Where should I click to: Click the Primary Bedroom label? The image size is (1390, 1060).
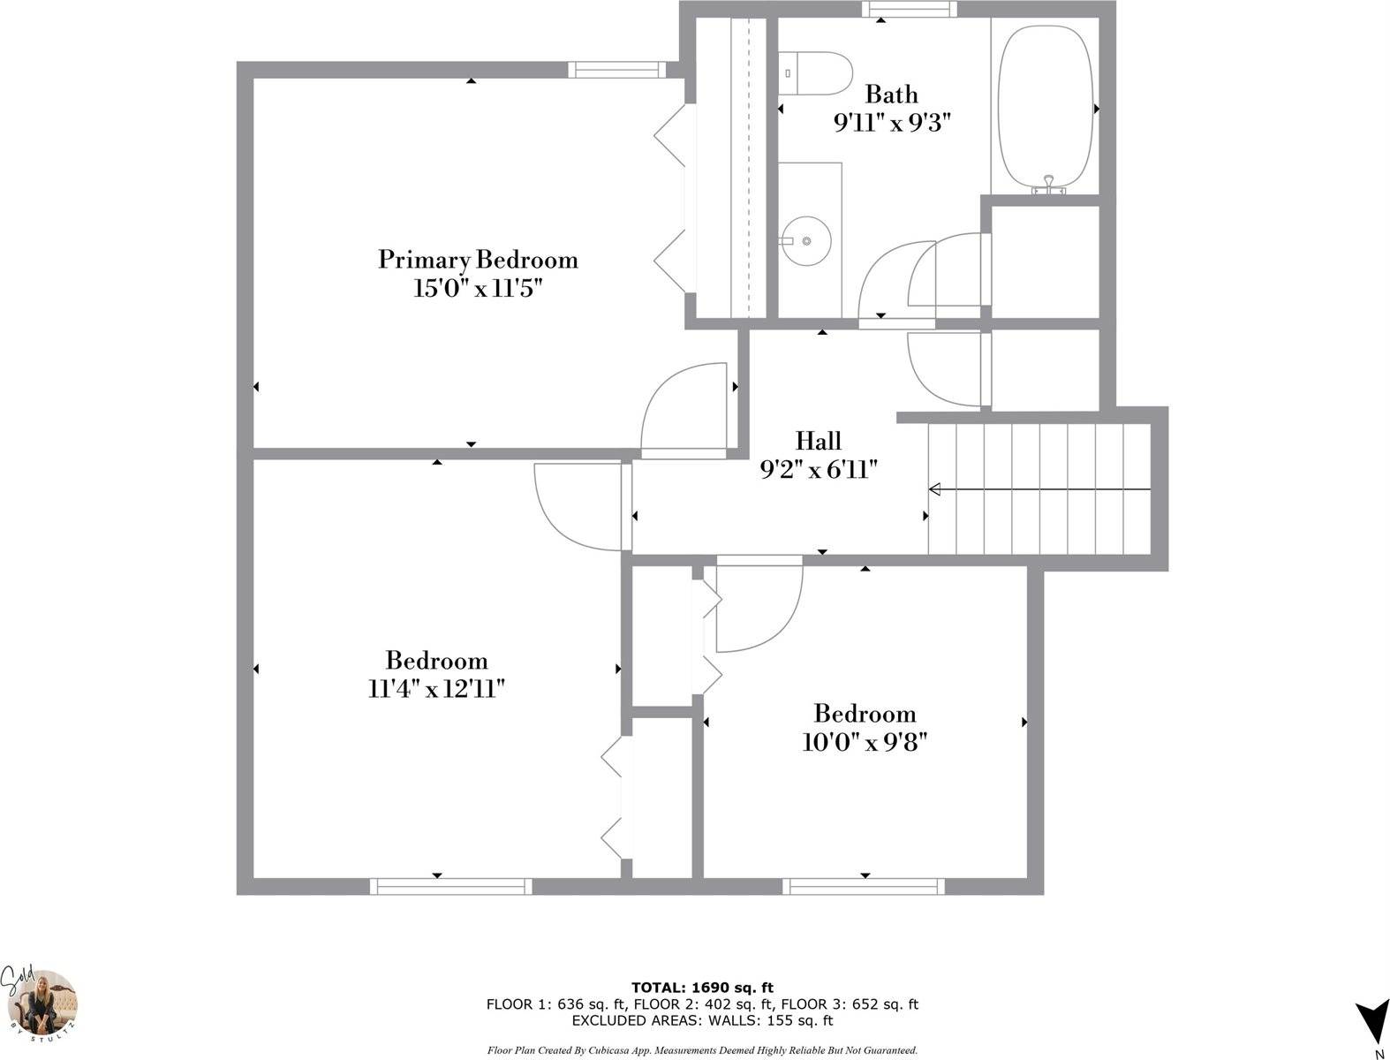click(x=478, y=260)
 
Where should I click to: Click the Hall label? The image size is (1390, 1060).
click(x=818, y=441)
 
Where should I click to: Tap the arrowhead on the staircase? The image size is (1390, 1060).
click(x=935, y=489)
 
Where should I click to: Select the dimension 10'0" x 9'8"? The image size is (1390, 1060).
click(x=864, y=742)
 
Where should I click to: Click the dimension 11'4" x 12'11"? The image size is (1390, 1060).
click(x=436, y=689)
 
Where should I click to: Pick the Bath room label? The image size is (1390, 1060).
click(x=891, y=95)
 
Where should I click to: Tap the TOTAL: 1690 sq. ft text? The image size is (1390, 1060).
click(x=702, y=988)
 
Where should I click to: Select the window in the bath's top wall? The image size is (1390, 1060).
click(x=910, y=9)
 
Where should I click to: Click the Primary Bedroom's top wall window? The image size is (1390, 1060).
click(x=615, y=70)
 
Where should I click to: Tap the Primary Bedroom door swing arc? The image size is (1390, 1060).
click(x=684, y=406)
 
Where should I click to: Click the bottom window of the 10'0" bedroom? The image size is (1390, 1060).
click(x=863, y=886)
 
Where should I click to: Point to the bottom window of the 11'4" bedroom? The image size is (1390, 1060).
click(x=450, y=886)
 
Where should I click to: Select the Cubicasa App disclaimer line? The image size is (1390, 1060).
click(x=702, y=1050)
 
